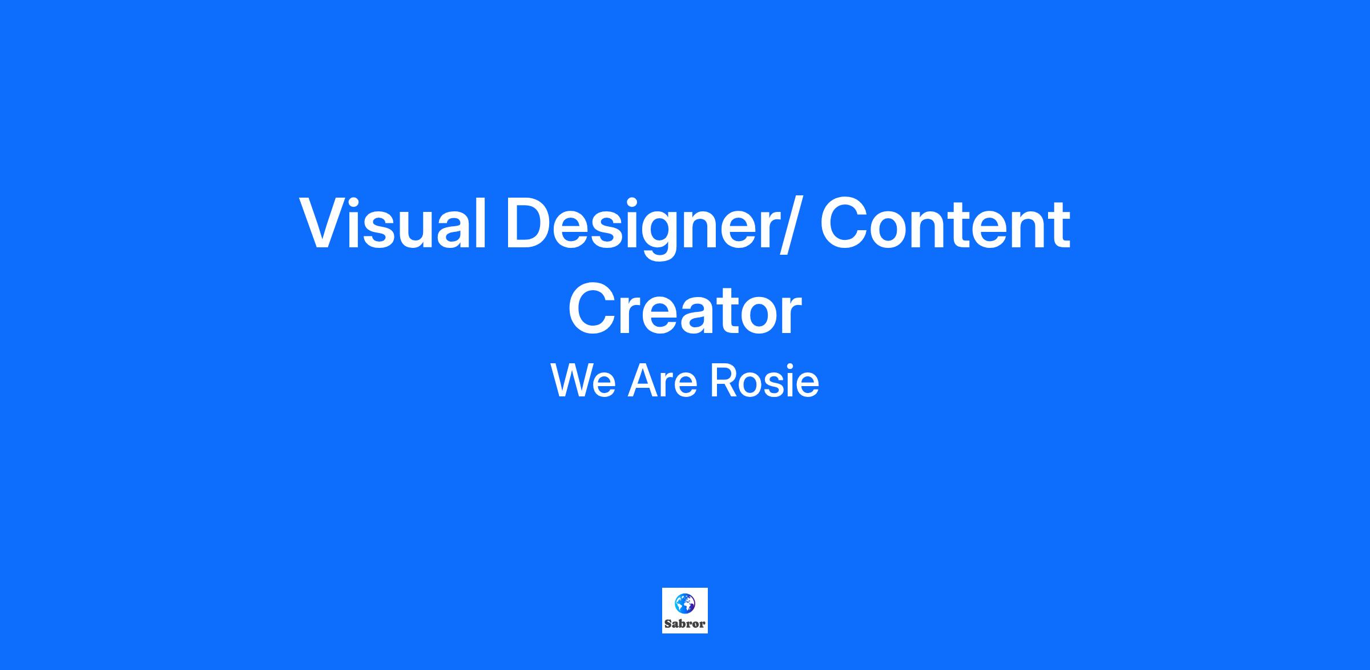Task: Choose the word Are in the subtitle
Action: click(663, 380)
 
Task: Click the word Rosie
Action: click(764, 380)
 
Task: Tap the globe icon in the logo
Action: click(685, 603)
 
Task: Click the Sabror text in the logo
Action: click(685, 624)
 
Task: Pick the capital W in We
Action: click(572, 380)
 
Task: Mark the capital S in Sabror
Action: click(668, 624)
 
